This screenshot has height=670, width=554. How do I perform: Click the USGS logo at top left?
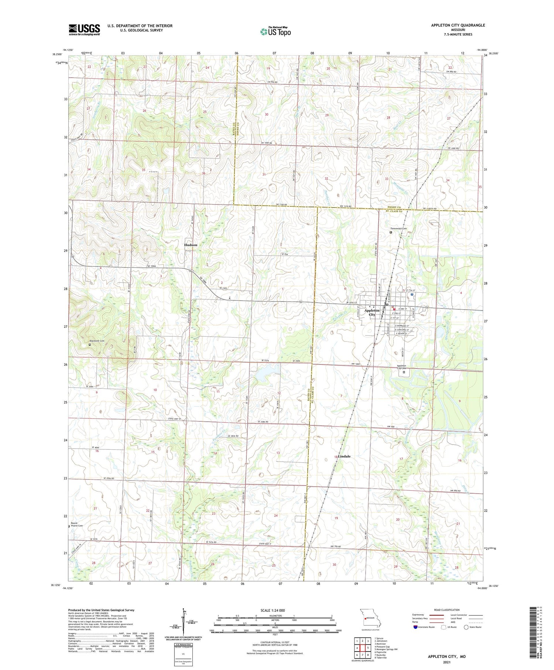coord(84,30)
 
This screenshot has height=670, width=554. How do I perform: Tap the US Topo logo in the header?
coord(276,31)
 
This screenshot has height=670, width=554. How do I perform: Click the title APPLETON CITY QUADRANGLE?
coord(458,25)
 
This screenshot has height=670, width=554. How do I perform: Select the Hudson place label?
coord(191,245)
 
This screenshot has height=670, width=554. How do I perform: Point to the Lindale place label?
coord(344,456)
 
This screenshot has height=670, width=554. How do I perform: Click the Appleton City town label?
coord(372,313)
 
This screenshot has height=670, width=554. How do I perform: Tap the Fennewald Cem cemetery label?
coord(399,228)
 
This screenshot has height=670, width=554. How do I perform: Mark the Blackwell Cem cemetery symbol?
coord(90,344)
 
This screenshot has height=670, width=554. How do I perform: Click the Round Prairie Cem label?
coord(77,524)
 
